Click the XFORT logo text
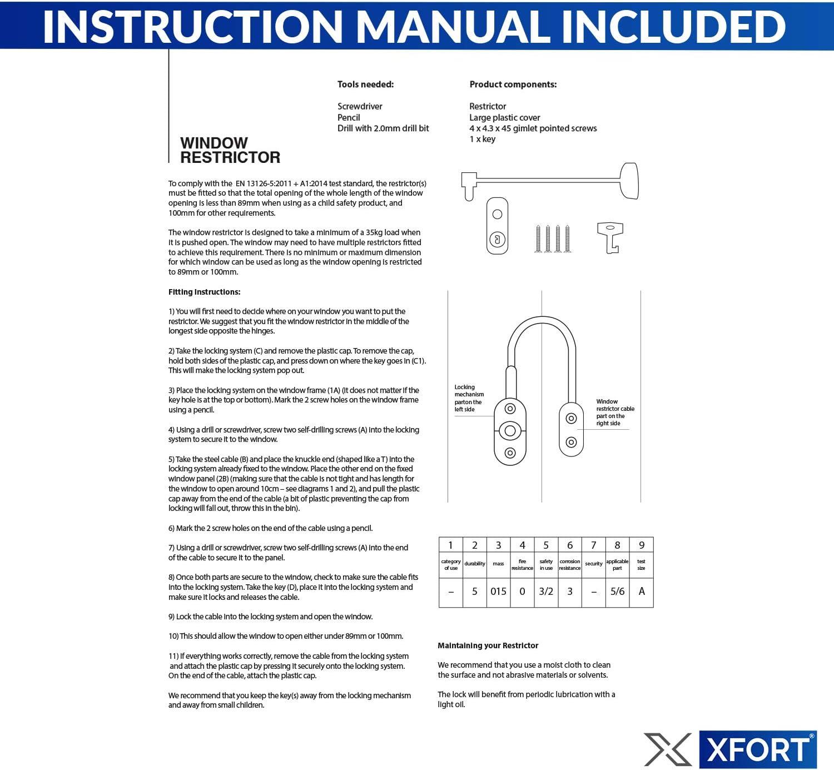(x=758, y=749)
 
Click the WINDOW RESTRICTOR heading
(x=230, y=150)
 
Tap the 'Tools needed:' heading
(x=365, y=85)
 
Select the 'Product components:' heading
(x=513, y=85)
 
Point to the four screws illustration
(x=552, y=239)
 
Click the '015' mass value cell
(x=498, y=592)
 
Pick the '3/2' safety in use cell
(x=546, y=592)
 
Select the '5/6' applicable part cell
(x=617, y=592)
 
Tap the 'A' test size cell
(x=642, y=592)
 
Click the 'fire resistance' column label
(x=522, y=564)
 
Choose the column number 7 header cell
(x=593, y=545)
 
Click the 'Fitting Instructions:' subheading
(x=205, y=292)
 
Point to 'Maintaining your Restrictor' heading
(x=488, y=645)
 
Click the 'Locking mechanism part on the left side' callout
(x=469, y=398)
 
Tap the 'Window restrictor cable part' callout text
(x=614, y=412)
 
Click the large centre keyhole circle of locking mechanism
(x=510, y=430)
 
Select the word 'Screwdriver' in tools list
(x=360, y=106)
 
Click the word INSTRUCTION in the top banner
(x=192, y=27)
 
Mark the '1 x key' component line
(x=482, y=139)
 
